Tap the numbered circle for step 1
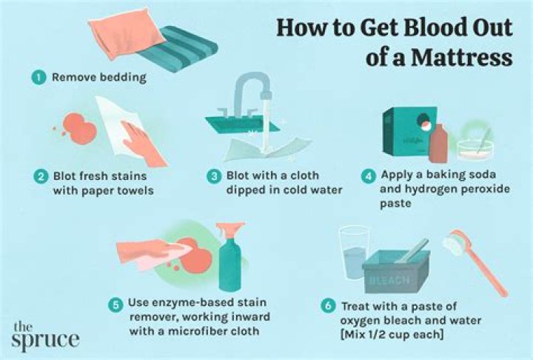[35, 77]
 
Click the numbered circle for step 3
[214, 177]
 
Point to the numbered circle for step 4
[367, 176]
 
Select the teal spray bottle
[229, 259]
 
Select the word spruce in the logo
[45, 340]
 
